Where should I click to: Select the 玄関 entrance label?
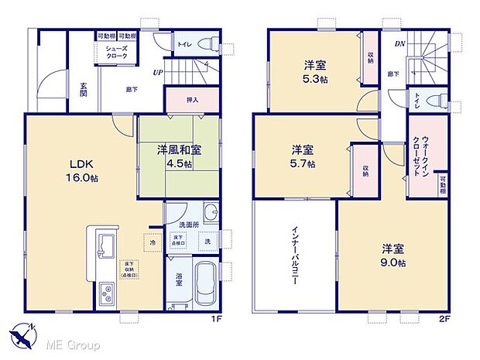(x=82, y=91)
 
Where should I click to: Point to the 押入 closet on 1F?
(x=192, y=99)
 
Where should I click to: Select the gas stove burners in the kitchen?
(x=107, y=293)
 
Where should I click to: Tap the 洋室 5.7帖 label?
(x=302, y=156)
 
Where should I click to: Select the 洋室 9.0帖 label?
(x=390, y=255)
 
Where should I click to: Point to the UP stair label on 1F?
(x=157, y=74)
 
